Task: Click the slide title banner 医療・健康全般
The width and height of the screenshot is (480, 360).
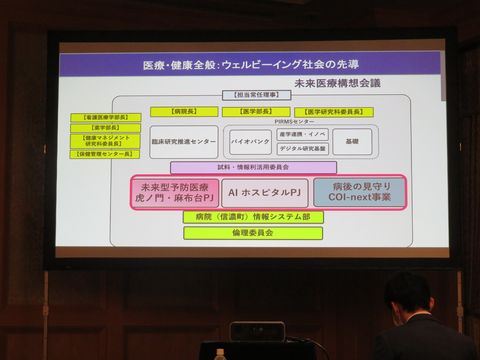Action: (250, 64)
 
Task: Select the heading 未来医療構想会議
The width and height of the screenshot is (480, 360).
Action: (337, 83)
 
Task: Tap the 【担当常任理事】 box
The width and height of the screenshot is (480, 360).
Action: (257, 95)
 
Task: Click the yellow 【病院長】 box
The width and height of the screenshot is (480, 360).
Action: (184, 112)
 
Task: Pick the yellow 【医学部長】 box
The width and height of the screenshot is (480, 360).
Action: (256, 112)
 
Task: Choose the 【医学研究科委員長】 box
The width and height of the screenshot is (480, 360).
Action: (334, 112)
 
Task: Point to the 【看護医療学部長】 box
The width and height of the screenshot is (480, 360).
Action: (106, 118)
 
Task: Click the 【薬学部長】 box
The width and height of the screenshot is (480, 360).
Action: (106, 128)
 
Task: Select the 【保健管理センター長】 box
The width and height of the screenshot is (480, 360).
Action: (105, 154)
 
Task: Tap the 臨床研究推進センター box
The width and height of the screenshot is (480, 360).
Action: (184, 142)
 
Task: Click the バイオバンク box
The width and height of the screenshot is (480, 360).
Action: (250, 142)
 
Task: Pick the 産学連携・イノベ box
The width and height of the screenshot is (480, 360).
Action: (303, 134)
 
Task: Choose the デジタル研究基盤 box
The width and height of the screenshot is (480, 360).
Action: (303, 149)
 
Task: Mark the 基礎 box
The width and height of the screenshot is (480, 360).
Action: (352, 141)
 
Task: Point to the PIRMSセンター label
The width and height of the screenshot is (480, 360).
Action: (294, 122)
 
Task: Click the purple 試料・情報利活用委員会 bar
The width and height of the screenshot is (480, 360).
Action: (253, 168)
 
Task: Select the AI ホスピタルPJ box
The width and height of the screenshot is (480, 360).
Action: (265, 193)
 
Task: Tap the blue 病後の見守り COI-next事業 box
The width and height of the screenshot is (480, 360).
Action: (360, 192)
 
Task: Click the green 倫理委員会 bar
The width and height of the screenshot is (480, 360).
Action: (253, 233)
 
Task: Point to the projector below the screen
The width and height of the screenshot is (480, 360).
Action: (257, 331)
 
